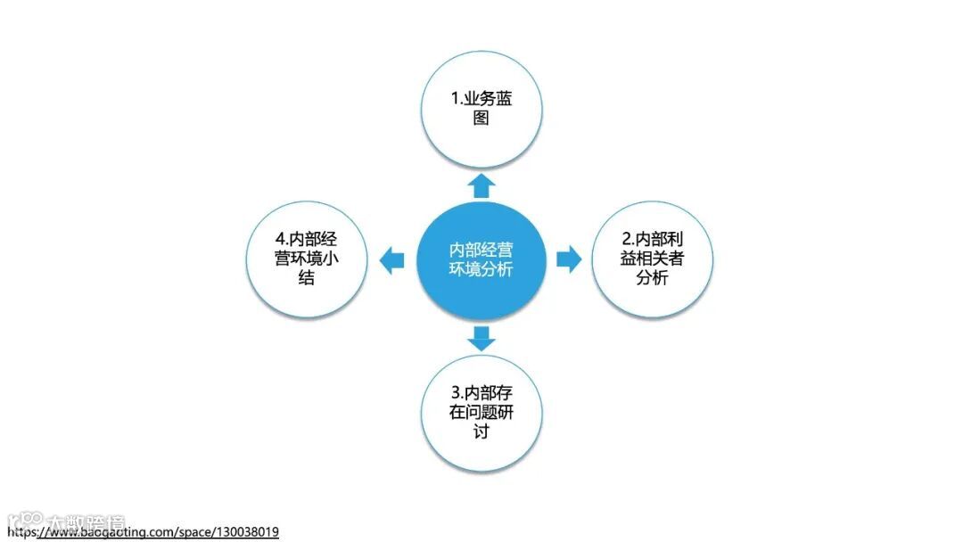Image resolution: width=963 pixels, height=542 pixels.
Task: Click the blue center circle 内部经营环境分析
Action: [481, 259]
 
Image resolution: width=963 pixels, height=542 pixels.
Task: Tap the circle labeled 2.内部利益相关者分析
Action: [652, 259]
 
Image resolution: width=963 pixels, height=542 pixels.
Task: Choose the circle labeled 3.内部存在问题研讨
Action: [481, 412]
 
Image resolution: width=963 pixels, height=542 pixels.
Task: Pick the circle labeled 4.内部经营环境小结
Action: [307, 259]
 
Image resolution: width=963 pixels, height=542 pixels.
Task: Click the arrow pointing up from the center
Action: [481, 185]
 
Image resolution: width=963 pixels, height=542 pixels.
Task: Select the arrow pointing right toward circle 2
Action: [568, 259]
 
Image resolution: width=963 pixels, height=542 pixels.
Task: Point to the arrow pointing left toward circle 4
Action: [391, 260]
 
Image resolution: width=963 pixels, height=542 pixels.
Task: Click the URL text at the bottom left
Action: [143, 532]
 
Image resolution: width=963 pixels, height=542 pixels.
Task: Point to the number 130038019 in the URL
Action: [248, 532]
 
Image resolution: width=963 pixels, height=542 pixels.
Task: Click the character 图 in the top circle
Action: [481, 118]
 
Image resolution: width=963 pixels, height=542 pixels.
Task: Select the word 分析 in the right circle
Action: [652, 278]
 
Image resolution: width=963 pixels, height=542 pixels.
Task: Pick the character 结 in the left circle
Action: [307, 278]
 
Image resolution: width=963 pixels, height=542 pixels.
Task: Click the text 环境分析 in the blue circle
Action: [481, 269]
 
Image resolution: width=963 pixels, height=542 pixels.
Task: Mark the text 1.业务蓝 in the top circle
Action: [481, 98]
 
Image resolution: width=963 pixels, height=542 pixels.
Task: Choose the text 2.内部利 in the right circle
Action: [652, 239]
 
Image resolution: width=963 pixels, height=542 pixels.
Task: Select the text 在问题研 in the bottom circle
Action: [481, 412]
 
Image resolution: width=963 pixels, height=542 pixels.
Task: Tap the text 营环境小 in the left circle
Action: [307, 259]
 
